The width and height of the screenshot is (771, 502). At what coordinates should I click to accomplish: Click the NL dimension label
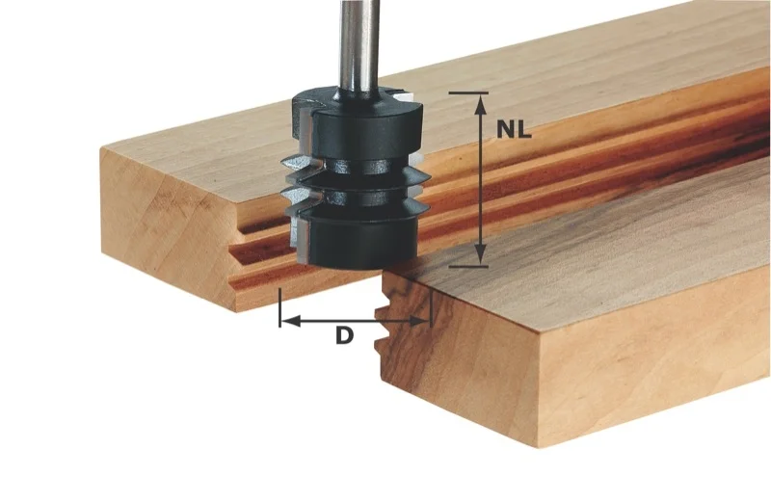[514, 130]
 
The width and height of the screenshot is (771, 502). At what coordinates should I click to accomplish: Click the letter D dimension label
[344, 336]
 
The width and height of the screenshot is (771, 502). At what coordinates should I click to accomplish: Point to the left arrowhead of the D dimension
[290, 321]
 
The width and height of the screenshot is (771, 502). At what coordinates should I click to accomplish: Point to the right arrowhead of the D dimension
[420, 321]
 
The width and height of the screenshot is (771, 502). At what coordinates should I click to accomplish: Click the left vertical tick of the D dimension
[279, 307]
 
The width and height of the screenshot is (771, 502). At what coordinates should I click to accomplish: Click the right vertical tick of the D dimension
[431, 307]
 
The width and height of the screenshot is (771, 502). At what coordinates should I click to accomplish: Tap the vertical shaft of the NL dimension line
[480, 179]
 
